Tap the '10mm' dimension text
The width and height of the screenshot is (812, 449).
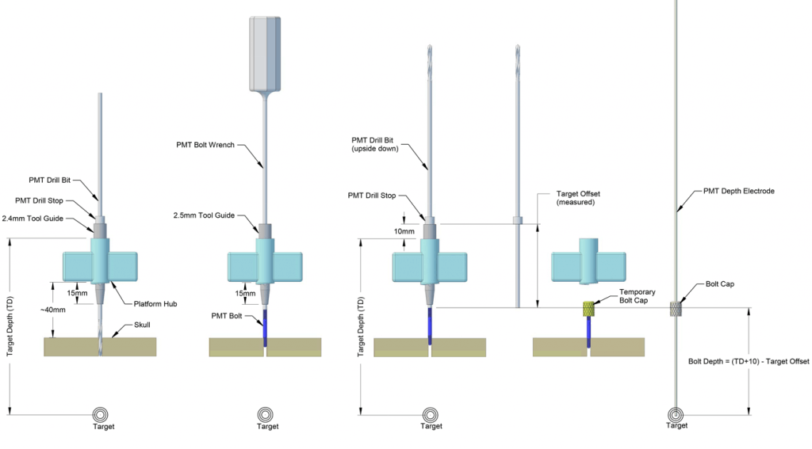coord(404,231)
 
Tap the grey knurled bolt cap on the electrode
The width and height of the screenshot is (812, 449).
coord(676,309)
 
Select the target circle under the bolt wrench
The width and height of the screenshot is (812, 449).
coord(266,415)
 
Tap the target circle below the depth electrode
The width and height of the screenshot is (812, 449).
coord(676,415)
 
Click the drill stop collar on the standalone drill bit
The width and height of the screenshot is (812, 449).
coord(517,219)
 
